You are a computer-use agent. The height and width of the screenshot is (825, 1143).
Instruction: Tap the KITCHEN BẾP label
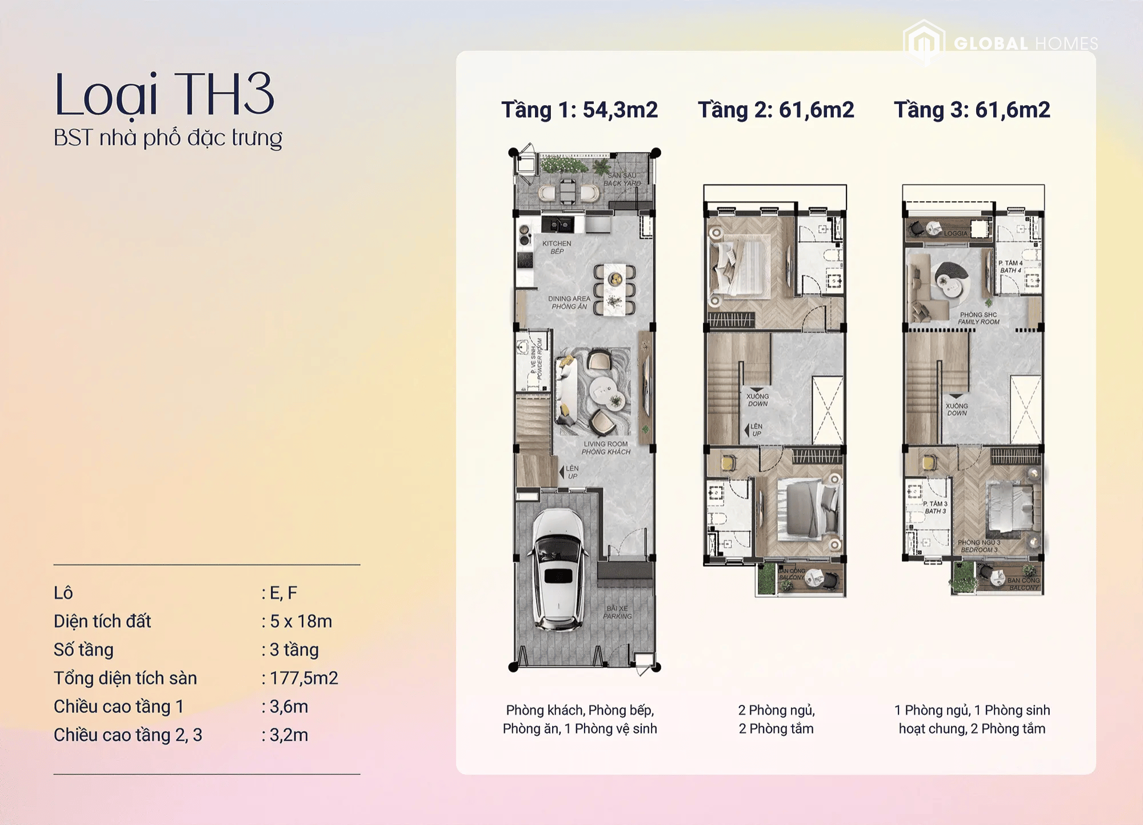[556, 247]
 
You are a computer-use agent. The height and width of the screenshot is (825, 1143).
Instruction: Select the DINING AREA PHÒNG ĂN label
[569, 302]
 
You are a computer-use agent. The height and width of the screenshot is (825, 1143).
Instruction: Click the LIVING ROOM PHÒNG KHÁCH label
[606, 447]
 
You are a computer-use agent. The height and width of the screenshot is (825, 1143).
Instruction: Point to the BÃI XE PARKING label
[617, 612]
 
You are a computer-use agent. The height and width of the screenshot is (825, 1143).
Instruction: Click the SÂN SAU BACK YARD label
[622, 179]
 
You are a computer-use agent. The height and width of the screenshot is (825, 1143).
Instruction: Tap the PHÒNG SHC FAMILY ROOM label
[978, 318]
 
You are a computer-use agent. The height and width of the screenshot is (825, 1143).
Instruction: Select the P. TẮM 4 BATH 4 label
[1010, 267]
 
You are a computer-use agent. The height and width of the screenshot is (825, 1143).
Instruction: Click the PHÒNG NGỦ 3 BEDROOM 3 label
[979, 546]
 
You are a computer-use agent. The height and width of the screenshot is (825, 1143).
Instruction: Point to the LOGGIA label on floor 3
[956, 233]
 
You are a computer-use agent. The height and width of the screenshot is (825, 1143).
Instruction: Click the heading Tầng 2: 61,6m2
[776, 110]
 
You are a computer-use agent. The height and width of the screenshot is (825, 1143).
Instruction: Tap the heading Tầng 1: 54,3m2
[580, 110]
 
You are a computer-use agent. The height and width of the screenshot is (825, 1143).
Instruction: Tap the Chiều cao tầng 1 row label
[118, 707]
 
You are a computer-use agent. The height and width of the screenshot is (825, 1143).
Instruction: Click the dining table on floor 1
[615, 289]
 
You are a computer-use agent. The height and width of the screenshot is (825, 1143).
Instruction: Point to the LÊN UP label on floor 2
[756, 430]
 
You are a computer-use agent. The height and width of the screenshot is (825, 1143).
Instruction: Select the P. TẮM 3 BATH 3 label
[935, 507]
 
